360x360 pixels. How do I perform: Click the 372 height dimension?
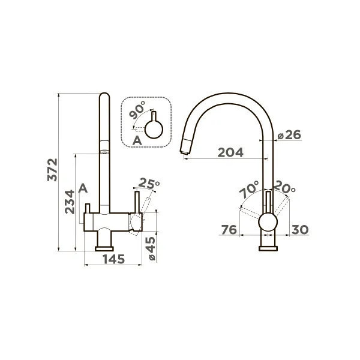tap(52, 170)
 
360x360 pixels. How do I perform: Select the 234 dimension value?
tap(70, 202)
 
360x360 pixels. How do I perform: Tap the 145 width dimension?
tap(113, 259)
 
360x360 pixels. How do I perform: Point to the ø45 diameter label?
tap(152, 248)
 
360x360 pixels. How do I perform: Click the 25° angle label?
tap(149, 183)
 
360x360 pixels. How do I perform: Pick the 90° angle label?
tap(137, 110)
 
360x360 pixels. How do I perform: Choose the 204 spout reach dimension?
tap(230, 152)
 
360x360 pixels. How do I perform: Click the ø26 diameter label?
tap(289, 135)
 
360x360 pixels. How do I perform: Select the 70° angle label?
tap(249, 190)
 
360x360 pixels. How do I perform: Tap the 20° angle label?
tap(284, 187)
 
